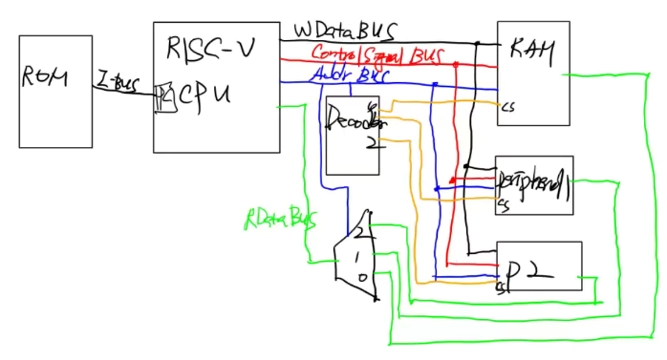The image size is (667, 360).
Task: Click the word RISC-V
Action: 205,48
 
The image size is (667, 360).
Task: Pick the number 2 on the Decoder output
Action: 374,143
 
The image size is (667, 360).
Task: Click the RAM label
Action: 529,47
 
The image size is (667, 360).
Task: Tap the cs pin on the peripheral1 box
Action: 502,202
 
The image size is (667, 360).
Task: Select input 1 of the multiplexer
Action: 355,257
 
